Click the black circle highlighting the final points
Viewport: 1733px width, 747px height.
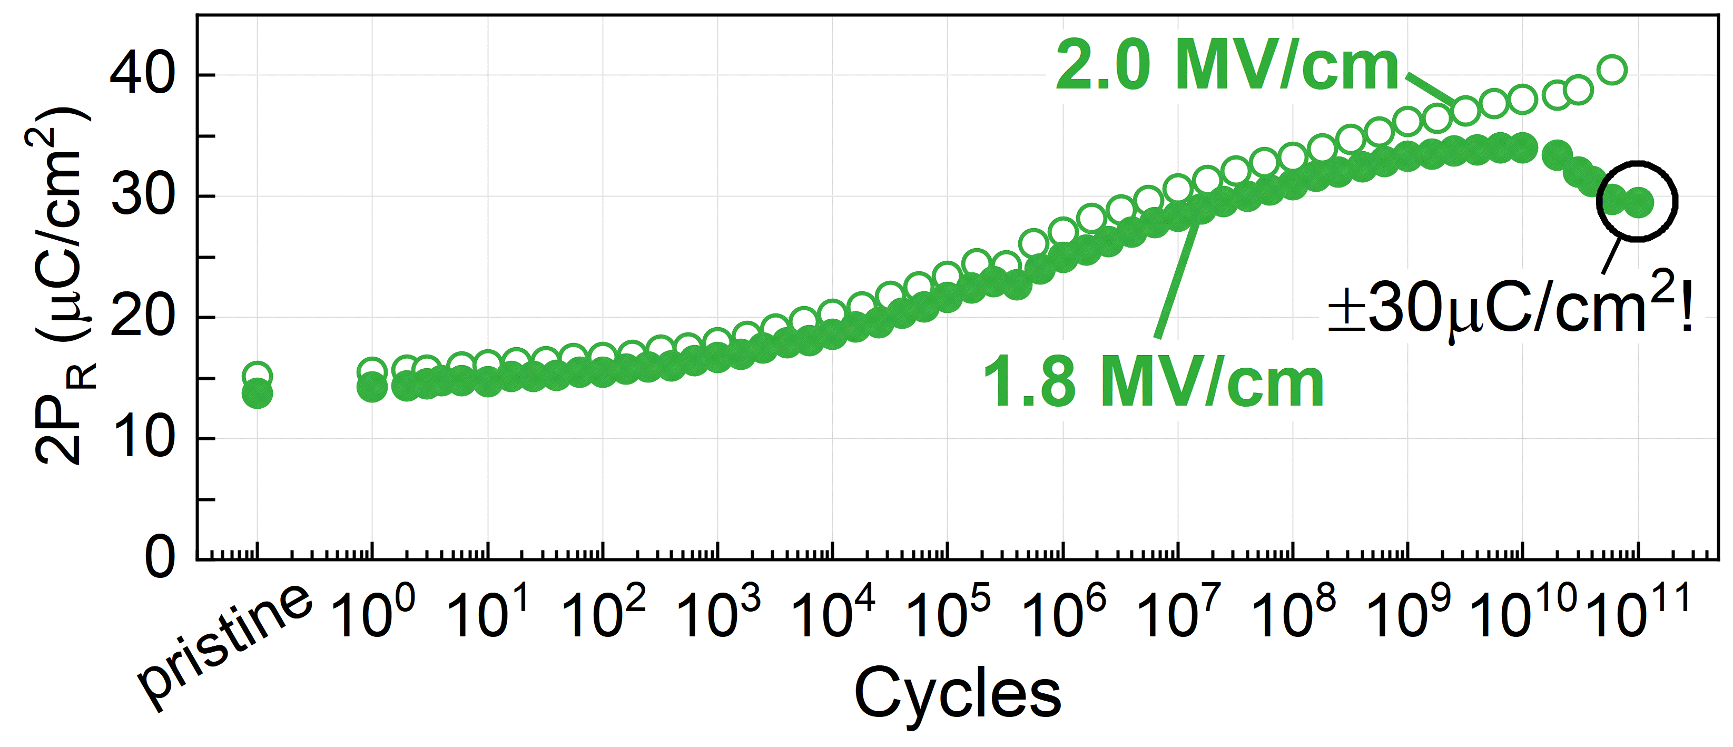point(1637,201)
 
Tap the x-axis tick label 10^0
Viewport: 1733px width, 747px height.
point(372,614)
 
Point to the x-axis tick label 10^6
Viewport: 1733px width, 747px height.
point(1063,614)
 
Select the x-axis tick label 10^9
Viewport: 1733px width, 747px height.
point(1408,614)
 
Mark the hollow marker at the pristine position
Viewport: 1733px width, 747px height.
point(257,376)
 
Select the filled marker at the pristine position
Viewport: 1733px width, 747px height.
point(257,394)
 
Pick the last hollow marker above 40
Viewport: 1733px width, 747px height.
point(1612,70)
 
